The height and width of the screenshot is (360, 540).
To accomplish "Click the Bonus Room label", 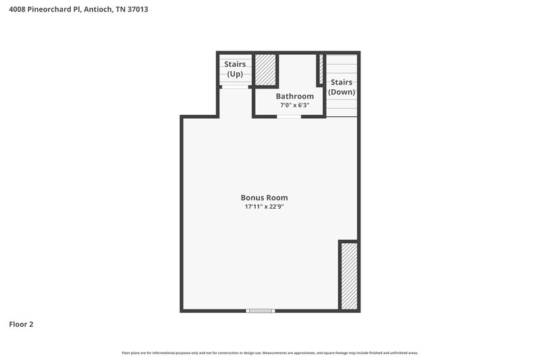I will [269, 198].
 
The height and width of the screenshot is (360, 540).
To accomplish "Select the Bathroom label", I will [294, 96].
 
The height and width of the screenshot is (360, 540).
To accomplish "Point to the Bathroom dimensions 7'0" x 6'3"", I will [294, 105].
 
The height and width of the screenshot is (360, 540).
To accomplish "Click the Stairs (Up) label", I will [235, 69].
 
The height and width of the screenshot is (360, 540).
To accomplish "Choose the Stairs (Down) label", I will [342, 86].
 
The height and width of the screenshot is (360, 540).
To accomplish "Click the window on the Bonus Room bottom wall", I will [261, 310].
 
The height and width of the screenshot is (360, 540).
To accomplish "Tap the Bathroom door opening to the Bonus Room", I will [289, 117].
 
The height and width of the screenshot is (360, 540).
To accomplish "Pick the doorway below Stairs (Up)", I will [235, 87].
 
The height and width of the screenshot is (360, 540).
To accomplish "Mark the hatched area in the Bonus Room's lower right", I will [348, 276].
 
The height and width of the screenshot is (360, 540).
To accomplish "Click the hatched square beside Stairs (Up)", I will [265, 70].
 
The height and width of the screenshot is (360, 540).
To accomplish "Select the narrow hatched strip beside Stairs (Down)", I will [321, 70].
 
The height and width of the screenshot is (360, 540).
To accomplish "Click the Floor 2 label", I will [21, 324].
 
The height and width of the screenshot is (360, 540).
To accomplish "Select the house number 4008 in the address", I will [17, 9].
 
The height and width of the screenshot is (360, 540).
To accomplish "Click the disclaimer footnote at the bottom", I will [270, 353].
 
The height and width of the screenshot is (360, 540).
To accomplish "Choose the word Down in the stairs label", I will [342, 92].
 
